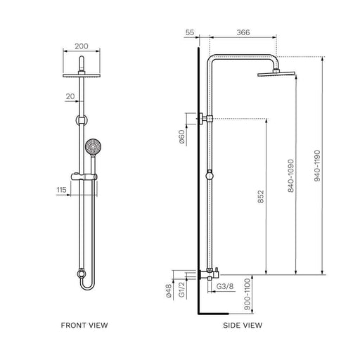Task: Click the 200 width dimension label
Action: click(x=82, y=46)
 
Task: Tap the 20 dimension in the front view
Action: click(x=70, y=96)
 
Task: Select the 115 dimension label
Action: click(x=61, y=190)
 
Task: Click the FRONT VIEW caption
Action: click(x=84, y=326)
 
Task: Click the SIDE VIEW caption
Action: click(x=243, y=326)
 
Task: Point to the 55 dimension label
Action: click(x=190, y=32)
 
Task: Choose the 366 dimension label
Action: click(x=243, y=32)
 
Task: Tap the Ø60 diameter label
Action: click(x=182, y=136)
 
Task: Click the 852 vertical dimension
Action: click(x=261, y=196)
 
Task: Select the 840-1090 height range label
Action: click(x=290, y=176)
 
